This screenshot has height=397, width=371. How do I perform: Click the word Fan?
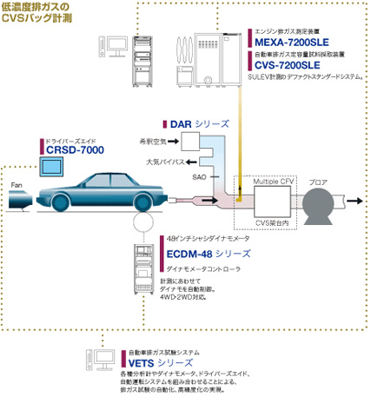tap(16, 185)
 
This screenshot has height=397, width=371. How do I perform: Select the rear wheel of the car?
tap(60, 205)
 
